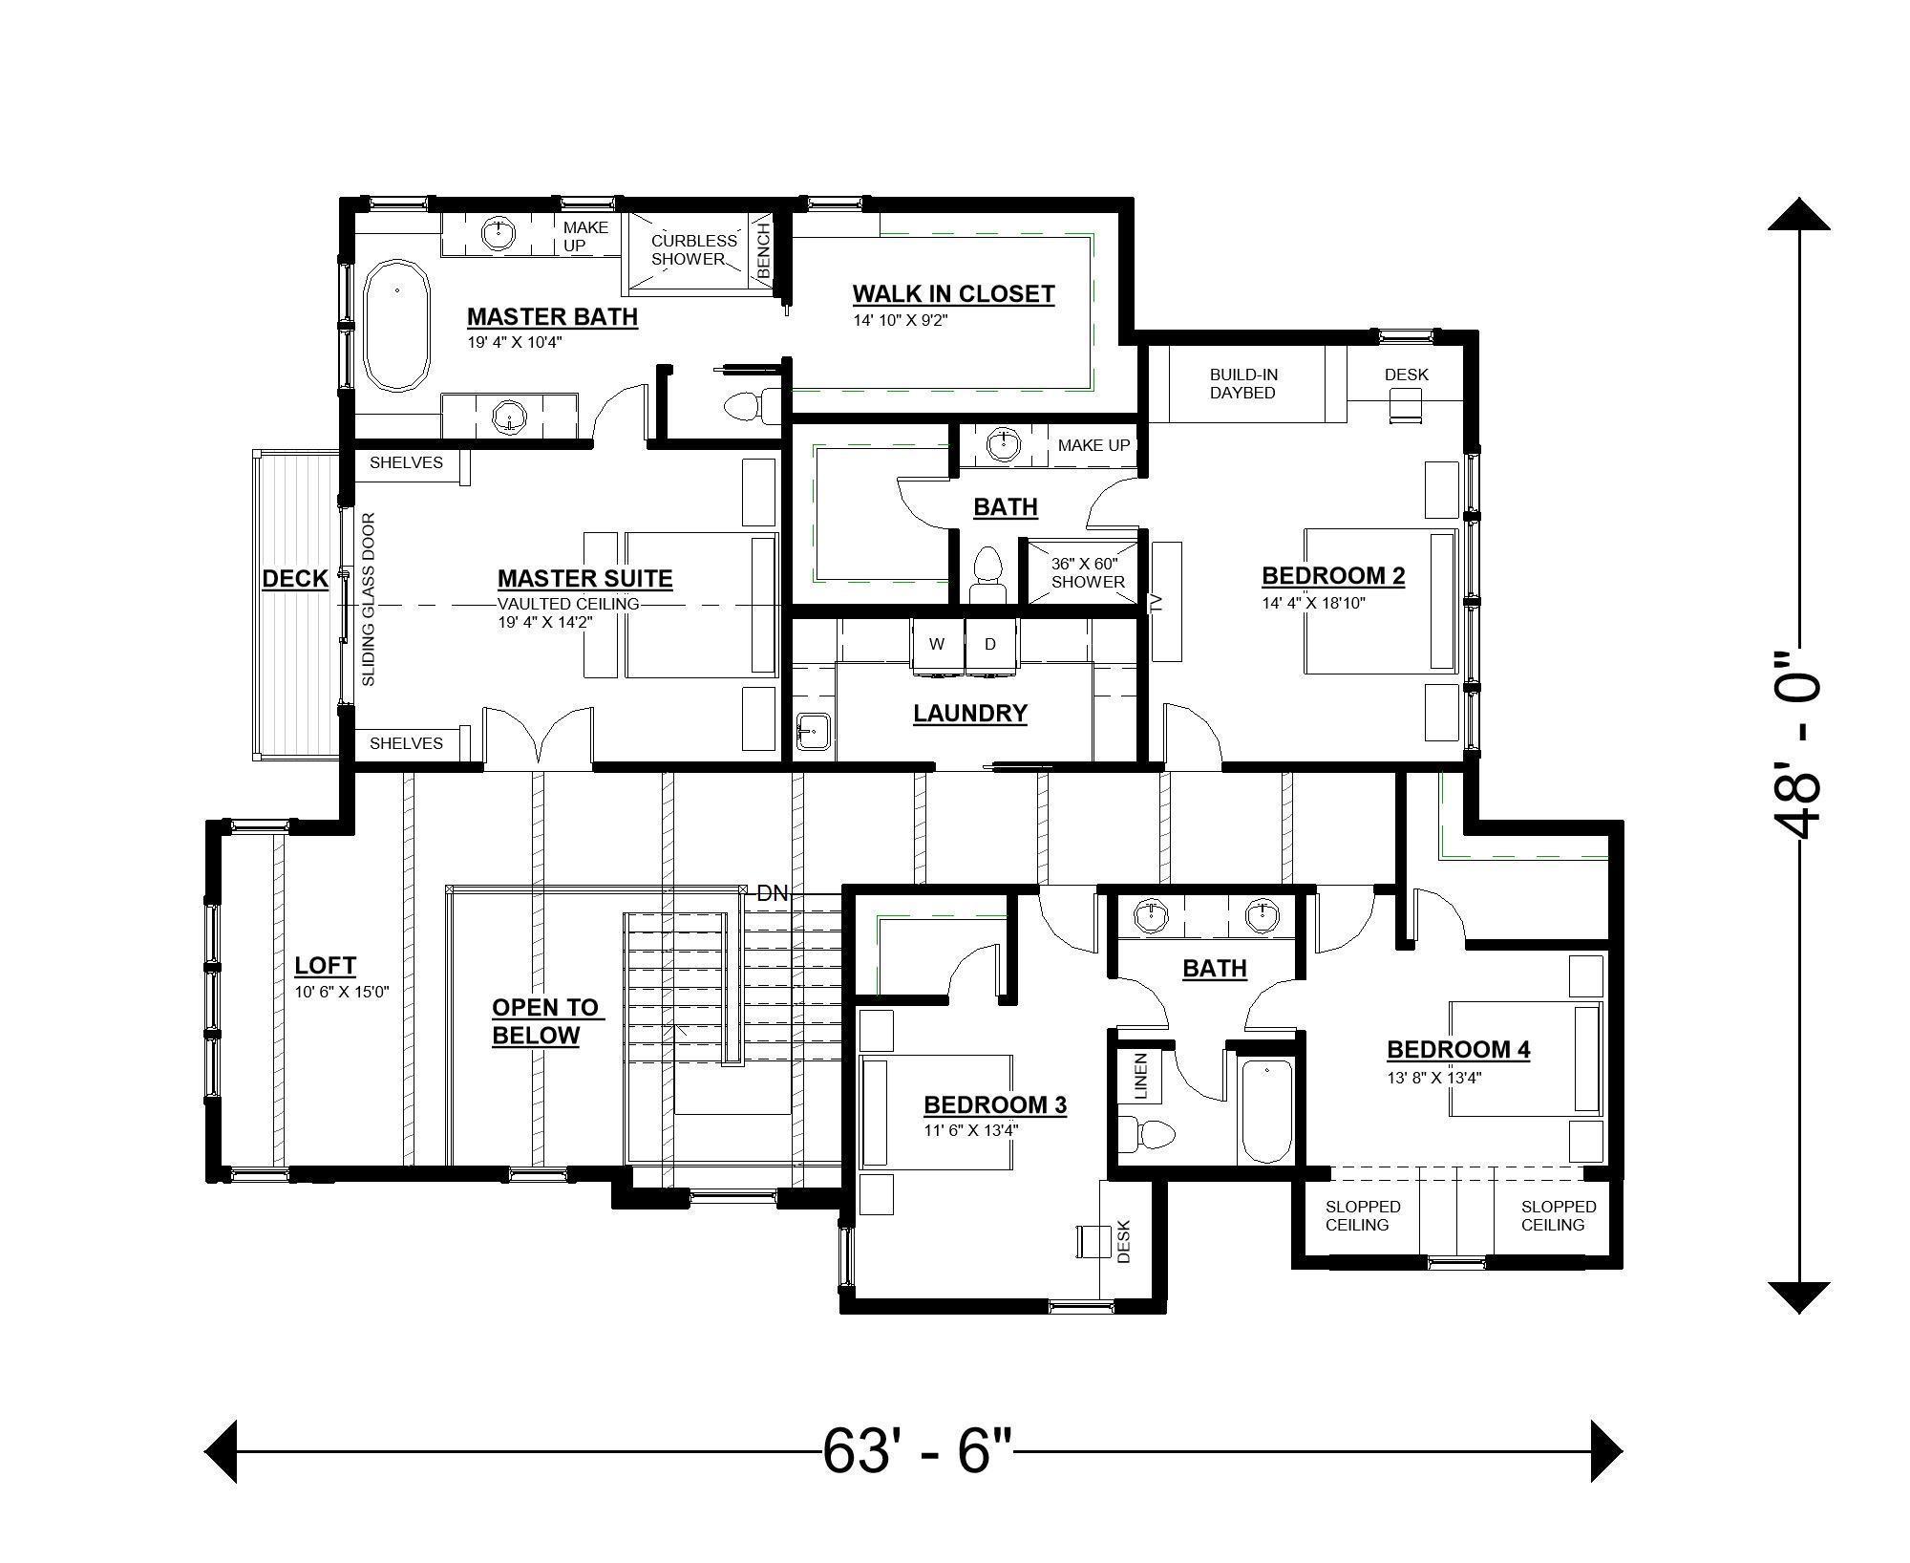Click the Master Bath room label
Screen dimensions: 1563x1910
(x=552, y=316)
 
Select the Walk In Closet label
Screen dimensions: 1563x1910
(x=953, y=293)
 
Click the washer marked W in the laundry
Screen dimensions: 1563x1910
(x=937, y=645)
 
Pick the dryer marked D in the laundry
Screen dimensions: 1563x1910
(x=990, y=645)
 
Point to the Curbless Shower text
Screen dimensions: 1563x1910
(x=693, y=249)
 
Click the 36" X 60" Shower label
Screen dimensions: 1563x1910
(x=1087, y=572)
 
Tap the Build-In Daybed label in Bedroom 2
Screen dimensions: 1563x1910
(x=1242, y=383)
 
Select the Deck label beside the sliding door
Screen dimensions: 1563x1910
(x=295, y=578)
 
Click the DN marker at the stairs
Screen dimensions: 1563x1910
(x=772, y=893)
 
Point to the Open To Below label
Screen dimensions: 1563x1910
(x=543, y=1020)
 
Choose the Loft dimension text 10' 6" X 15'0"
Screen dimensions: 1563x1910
(x=342, y=993)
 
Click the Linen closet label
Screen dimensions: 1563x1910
(x=1140, y=1075)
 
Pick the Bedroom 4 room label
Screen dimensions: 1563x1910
(x=1458, y=1049)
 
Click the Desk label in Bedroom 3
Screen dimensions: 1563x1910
(x=1123, y=1241)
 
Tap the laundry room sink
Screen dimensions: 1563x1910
(x=812, y=733)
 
